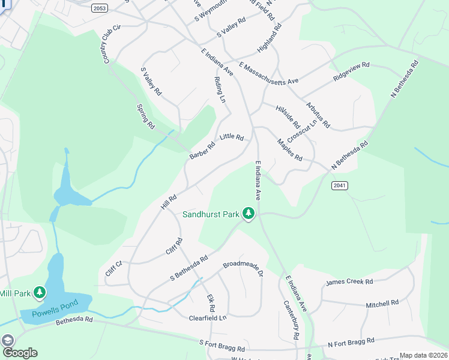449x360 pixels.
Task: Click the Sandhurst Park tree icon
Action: click(x=249, y=213)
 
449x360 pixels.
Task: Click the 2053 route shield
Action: click(x=100, y=8)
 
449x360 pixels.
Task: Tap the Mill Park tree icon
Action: click(x=40, y=292)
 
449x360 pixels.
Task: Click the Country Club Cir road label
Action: click(x=112, y=44)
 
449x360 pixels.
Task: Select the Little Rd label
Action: click(x=232, y=137)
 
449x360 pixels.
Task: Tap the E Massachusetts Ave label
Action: click(x=268, y=73)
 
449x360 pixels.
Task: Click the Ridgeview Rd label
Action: click(x=352, y=72)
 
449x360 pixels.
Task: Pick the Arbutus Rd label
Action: click(x=318, y=116)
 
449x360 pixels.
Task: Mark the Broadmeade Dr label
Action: click(x=244, y=268)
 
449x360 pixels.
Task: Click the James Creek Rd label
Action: click(x=349, y=281)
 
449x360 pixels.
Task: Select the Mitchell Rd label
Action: click(x=382, y=304)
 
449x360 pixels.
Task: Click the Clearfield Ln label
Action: click(x=207, y=318)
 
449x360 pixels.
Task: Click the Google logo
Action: click(x=19, y=353)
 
